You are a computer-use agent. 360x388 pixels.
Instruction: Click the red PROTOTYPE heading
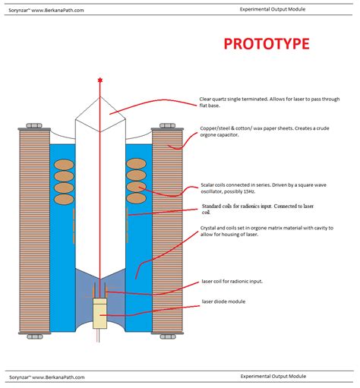(267, 43)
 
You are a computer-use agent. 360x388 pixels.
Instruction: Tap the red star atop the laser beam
(100, 80)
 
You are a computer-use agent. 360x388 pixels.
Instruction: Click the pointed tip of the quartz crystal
(100, 96)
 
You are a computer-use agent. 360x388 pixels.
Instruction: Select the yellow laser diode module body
(100, 314)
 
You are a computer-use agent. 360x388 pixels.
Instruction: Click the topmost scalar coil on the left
(64, 165)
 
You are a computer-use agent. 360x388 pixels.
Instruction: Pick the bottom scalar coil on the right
(136, 198)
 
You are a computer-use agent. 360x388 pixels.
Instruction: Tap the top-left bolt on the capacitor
(34, 126)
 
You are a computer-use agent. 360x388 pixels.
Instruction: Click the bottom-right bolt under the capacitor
(168, 337)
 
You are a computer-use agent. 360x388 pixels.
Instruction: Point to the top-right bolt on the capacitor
(167, 126)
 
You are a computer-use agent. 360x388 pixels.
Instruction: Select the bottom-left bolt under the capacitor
(35, 337)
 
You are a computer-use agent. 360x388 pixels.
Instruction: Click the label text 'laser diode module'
(223, 301)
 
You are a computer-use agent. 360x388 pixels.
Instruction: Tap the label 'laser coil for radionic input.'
(232, 282)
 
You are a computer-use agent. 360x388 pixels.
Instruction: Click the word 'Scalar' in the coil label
(207, 185)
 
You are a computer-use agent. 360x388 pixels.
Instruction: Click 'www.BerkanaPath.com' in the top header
(58, 11)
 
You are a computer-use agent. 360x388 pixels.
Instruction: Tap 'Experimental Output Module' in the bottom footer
(273, 377)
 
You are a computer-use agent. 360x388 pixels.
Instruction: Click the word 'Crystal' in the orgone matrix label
(208, 229)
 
